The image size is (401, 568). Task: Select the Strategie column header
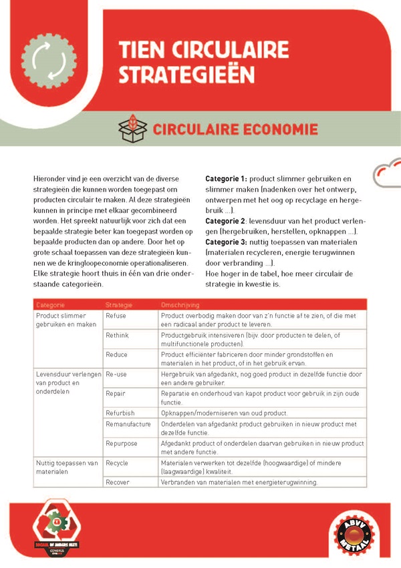click(x=120, y=304)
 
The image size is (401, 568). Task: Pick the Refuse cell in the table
click(x=116, y=315)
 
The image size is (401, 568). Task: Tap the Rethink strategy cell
click(x=118, y=335)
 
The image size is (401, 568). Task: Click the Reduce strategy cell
click(x=117, y=354)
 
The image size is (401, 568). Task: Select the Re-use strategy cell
click(x=116, y=374)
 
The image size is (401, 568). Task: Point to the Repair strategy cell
click(x=116, y=394)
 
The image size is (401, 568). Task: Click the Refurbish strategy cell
click(x=120, y=413)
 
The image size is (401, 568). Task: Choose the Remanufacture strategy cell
click(x=127, y=424)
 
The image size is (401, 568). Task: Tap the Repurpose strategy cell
click(x=122, y=443)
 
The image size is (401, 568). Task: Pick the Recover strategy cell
click(x=118, y=482)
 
